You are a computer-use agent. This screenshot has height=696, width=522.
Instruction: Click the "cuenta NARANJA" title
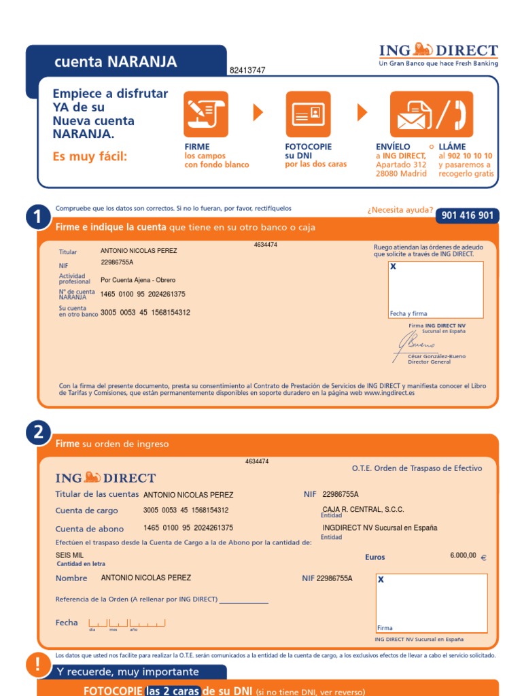pos(116,62)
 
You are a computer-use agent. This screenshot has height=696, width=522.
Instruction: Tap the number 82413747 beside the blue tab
pos(247,70)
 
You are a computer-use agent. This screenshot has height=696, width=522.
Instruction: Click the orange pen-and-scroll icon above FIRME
pos(206,114)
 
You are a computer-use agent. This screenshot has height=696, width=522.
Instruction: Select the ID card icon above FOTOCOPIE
pos(308,114)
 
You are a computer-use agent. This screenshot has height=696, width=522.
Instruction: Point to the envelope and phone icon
pos(432,114)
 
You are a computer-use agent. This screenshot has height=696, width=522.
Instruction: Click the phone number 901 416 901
pos(468,215)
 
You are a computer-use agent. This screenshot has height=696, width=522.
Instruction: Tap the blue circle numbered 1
pos(38,217)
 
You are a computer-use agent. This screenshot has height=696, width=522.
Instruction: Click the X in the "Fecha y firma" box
pos(393,266)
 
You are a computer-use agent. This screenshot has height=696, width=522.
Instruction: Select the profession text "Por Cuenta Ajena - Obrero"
pos(138,280)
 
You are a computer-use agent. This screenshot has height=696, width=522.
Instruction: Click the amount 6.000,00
pos(463,555)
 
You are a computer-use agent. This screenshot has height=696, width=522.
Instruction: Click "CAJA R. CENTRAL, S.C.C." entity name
pos(363,510)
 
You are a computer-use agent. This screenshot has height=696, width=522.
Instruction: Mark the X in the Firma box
pos(381,579)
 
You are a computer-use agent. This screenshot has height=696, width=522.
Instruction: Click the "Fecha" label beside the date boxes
pos(67,623)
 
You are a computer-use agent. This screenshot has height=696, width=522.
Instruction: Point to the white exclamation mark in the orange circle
pos(37,664)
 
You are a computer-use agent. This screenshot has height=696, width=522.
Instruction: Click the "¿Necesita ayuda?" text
pos(400,210)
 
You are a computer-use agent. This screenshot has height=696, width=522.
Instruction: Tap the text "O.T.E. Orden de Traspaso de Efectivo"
pos(417,468)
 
